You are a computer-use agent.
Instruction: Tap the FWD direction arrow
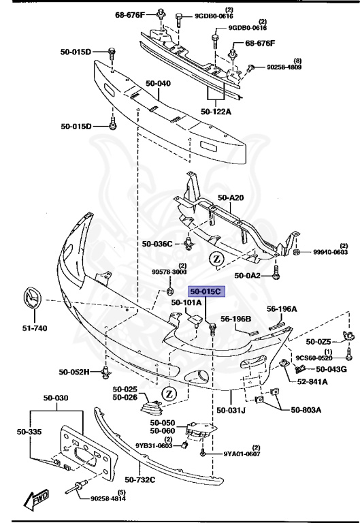(x=37, y=499)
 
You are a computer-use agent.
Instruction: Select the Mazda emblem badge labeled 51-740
(x=33, y=298)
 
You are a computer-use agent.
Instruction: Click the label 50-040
(x=158, y=83)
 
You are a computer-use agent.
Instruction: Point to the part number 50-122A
(x=216, y=112)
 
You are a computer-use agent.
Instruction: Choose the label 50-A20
(x=231, y=197)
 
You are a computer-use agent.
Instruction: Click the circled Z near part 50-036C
(x=216, y=259)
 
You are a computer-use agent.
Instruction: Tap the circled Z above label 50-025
(x=169, y=394)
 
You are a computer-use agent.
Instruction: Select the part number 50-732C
(x=140, y=479)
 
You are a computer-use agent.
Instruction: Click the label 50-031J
(x=231, y=409)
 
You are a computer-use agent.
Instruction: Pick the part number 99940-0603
(x=330, y=252)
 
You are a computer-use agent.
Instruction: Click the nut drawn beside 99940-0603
(x=296, y=251)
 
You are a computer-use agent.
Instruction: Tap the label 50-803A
(x=306, y=409)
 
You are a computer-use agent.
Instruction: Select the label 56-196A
(x=282, y=309)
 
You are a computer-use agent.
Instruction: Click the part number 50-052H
(x=74, y=372)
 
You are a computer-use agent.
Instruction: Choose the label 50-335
(x=29, y=432)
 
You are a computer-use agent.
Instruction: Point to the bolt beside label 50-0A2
(x=276, y=273)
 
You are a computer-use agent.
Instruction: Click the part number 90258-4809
(x=284, y=67)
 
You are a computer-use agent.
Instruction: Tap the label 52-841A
(x=312, y=381)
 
